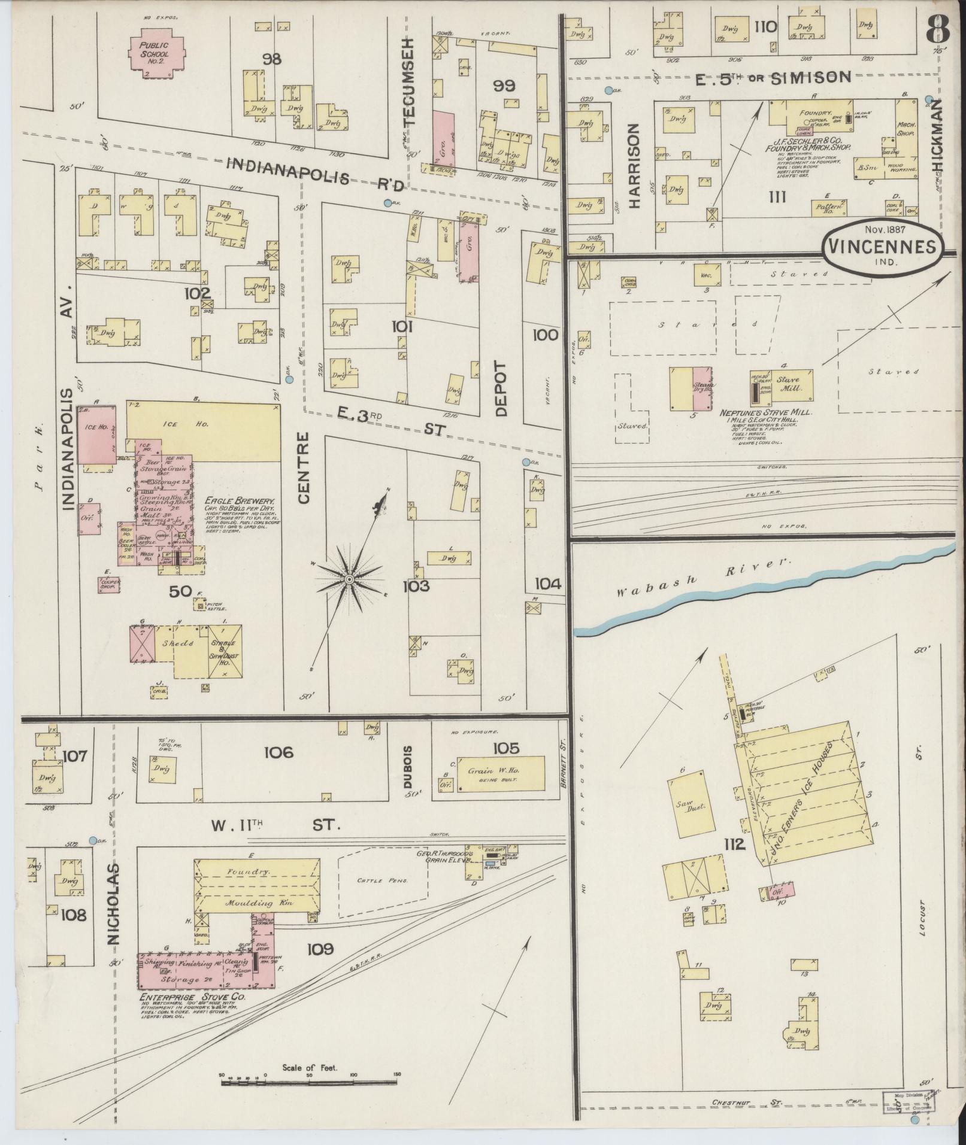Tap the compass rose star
pyautogui.click(x=349, y=579)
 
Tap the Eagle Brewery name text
pyautogui.click(x=240, y=502)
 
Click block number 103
pyautogui.click(x=416, y=585)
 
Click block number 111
pyautogui.click(x=779, y=196)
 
